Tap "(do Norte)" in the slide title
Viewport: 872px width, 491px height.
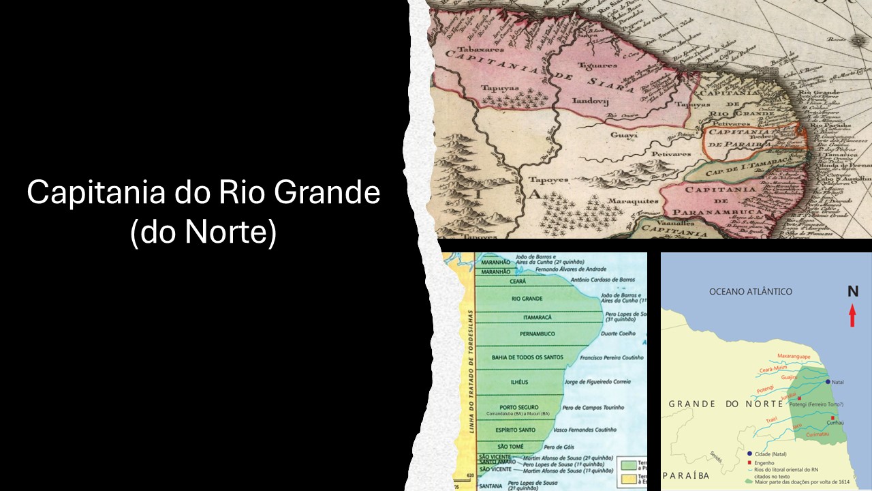pyautogui.click(x=203, y=232)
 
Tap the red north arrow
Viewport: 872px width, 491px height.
pyautogui.click(x=852, y=316)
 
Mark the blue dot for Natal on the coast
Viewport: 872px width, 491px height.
pyautogui.click(x=828, y=382)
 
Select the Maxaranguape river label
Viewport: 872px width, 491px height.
pyautogui.click(x=794, y=357)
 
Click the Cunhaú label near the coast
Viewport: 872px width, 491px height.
pyautogui.click(x=835, y=423)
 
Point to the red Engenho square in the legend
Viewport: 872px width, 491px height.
pyautogui.click(x=750, y=462)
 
